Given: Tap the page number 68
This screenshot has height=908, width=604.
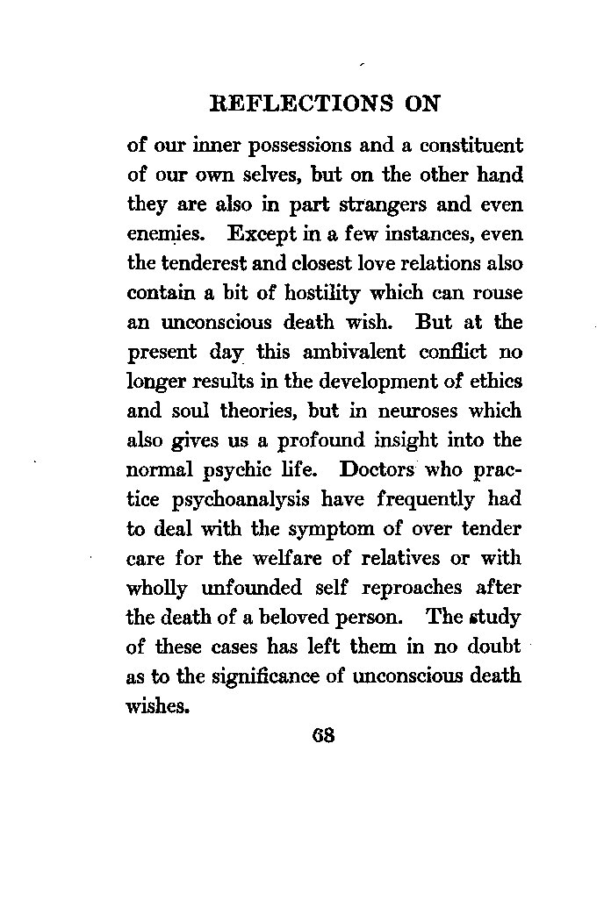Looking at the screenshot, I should point(324,734).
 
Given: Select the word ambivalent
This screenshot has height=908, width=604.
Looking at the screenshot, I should point(344,352).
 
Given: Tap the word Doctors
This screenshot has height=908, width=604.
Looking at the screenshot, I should point(389,470).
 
